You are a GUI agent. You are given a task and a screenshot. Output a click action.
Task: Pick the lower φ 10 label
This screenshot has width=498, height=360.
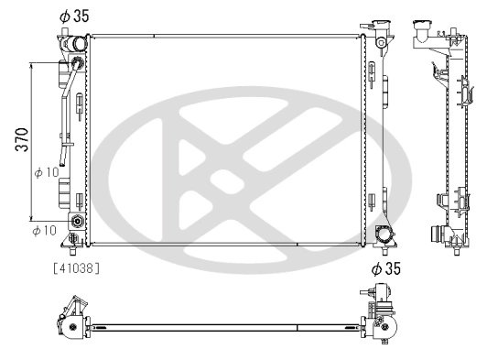[45, 229]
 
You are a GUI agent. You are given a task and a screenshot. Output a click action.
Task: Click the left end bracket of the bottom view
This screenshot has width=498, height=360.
[72, 316]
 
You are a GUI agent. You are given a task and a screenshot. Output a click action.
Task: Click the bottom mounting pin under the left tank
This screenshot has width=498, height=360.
[73, 247]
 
